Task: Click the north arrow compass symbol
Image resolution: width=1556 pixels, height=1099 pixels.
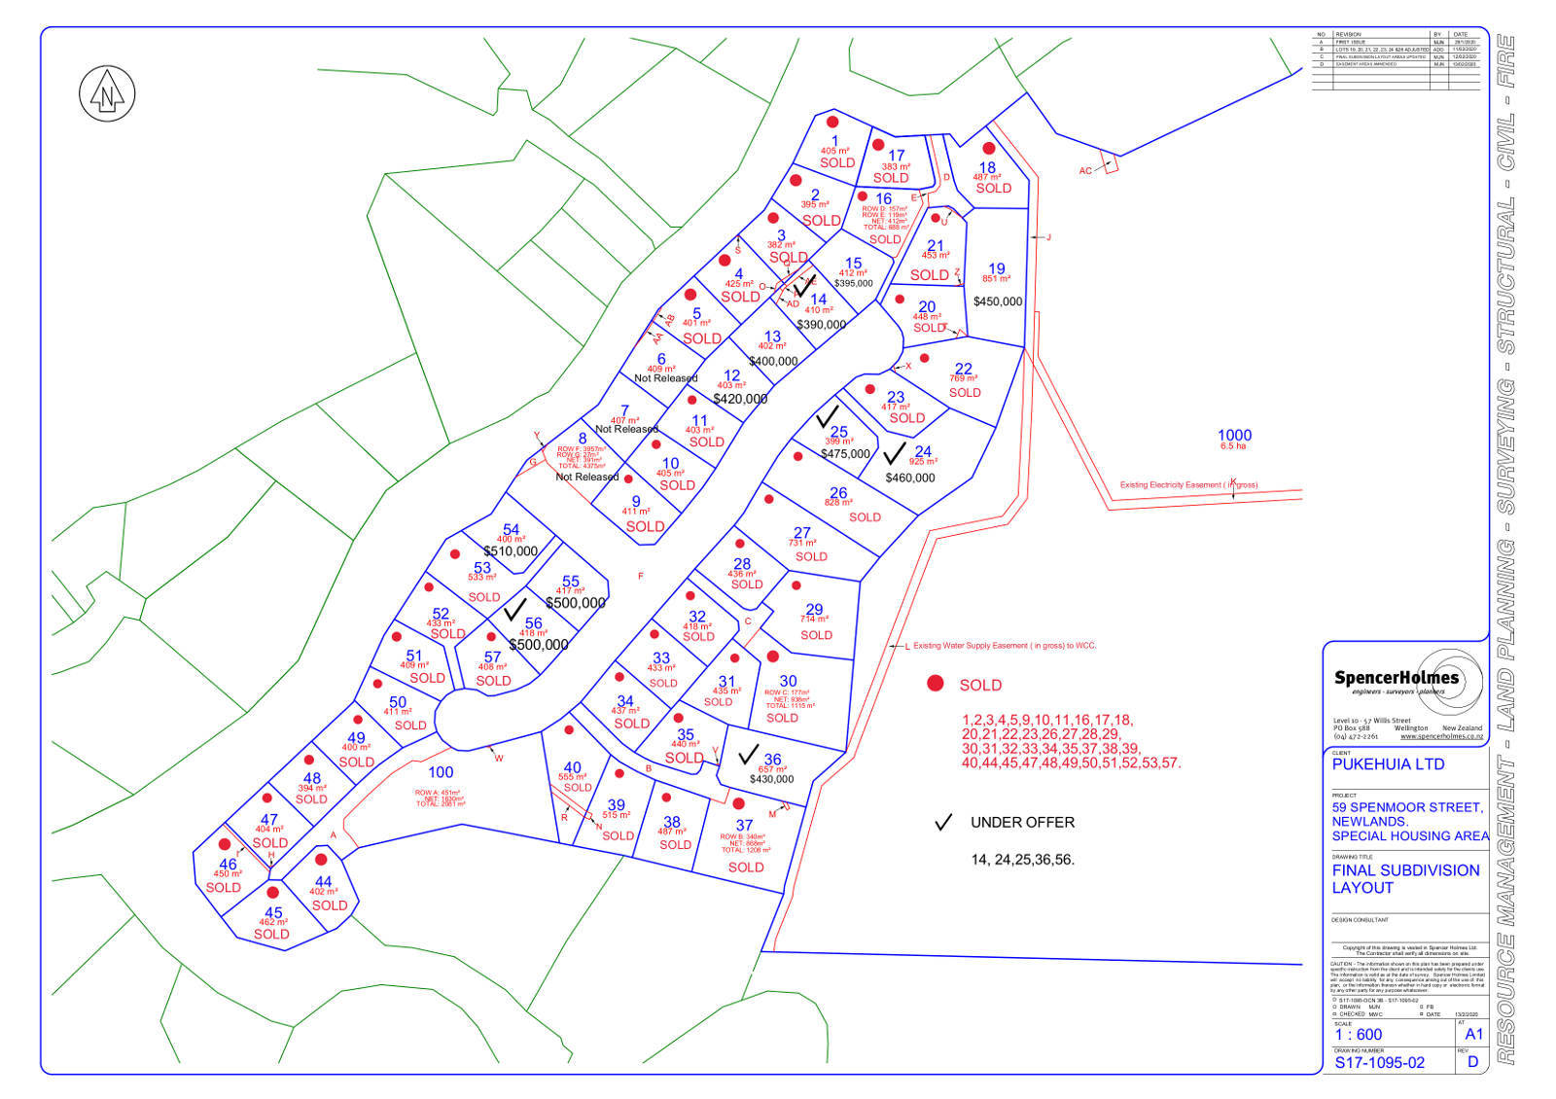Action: (106, 94)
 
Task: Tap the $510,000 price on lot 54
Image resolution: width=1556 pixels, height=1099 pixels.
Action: (511, 551)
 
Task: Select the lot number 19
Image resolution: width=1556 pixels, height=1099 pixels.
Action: (997, 268)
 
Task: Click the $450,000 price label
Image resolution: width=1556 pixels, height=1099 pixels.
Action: (998, 301)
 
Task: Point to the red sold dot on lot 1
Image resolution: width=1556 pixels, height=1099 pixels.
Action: (832, 123)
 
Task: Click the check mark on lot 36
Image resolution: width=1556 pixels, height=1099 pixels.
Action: (748, 754)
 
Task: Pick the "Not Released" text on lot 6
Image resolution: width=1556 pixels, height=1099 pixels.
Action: (666, 378)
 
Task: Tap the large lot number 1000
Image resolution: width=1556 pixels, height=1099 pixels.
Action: (1234, 435)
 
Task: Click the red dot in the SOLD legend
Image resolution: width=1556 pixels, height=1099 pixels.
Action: (936, 684)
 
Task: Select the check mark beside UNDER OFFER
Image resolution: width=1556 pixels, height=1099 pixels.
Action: (942, 823)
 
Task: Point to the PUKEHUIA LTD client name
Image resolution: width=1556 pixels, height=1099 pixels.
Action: (1388, 764)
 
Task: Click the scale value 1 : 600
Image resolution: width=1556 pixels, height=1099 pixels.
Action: (1358, 1035)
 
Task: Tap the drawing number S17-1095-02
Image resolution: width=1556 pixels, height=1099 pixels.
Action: (1379, 1063)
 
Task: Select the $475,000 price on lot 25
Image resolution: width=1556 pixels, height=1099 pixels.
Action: (845, 454)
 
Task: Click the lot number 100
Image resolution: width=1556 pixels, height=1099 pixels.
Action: (441, 772)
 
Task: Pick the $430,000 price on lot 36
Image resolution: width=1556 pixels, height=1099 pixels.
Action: (771, 779)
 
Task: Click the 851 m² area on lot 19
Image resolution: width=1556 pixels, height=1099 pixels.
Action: (997, 280)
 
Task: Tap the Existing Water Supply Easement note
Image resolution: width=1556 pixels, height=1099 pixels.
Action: (1005, 646)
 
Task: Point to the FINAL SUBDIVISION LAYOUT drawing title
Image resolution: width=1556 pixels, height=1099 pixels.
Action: (1405, 879)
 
